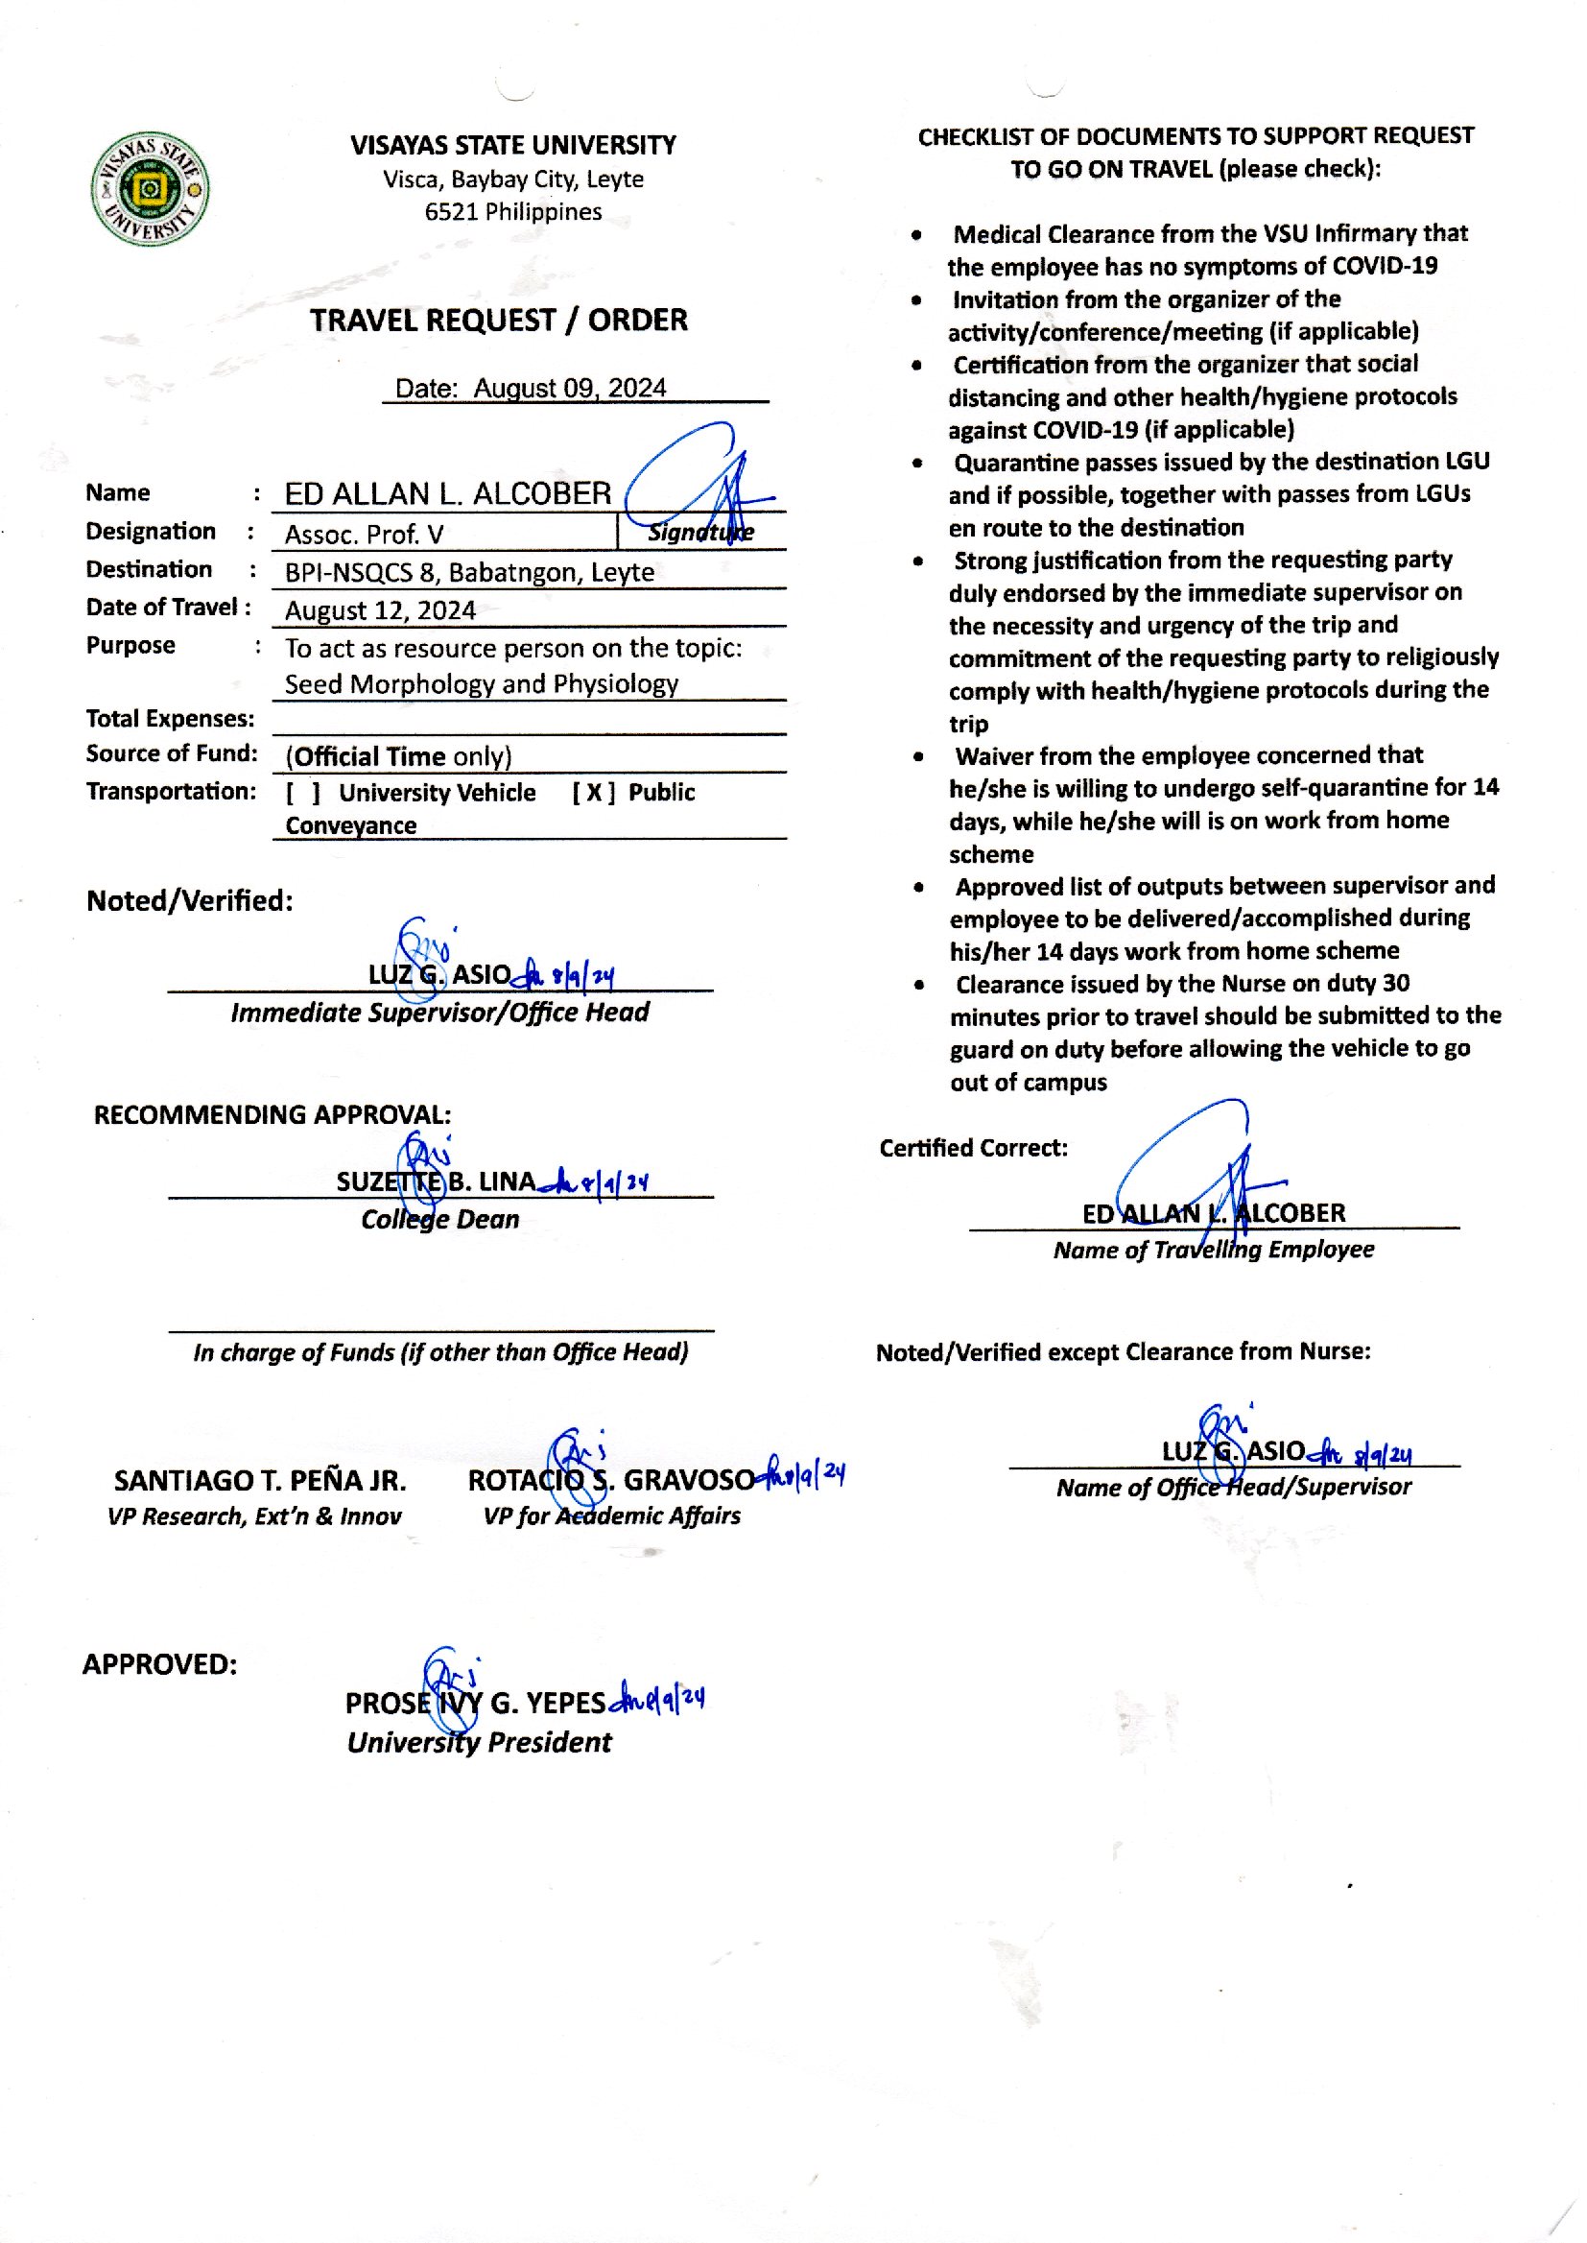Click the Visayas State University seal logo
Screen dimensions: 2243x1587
(150, 189)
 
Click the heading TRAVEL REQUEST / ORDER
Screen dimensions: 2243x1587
(498, 321)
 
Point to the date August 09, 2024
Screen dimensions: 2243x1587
(569, 388)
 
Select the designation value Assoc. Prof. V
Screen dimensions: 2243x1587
(364, 535)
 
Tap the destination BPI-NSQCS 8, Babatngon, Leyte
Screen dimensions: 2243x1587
(469, 573)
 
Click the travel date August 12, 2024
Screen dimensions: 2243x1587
(380, 610)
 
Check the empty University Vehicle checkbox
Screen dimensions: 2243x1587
(303, 793)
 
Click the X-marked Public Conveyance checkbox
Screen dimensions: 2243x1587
(593, 793)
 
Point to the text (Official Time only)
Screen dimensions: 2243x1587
(398, 756)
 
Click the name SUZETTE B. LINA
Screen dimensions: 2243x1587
(435, 1181)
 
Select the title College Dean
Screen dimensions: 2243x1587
(439, 1220)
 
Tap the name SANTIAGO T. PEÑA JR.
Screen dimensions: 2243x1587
(259, 1481)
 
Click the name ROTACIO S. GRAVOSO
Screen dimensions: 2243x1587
(611, 1481)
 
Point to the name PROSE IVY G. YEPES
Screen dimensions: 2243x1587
(475, 1704)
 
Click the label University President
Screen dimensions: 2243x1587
(479, 1743)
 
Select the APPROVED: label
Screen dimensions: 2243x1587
(159, 1664)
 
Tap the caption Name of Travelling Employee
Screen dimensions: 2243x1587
(1213, 1250)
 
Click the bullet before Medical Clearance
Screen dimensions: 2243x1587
(915, 234)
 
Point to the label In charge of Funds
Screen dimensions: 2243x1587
(439, 1352)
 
